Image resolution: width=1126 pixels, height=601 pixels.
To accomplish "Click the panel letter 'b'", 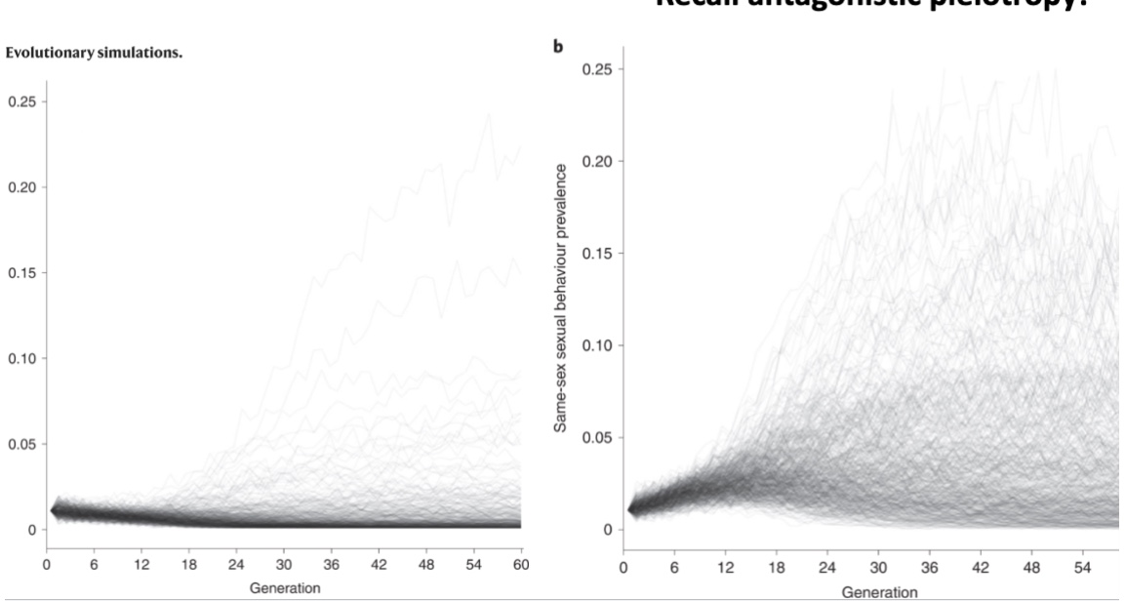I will point(558,46).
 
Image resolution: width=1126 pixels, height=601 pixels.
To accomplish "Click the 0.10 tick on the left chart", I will point(20,358).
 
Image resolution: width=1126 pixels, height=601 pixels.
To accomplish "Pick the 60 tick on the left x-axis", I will point(521,564).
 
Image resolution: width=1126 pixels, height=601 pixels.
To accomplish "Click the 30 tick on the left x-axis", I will point(284,564).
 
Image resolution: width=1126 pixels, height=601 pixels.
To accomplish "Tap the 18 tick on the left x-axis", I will point(188,564).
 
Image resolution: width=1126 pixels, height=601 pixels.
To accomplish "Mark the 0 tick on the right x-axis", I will point(624,565).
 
